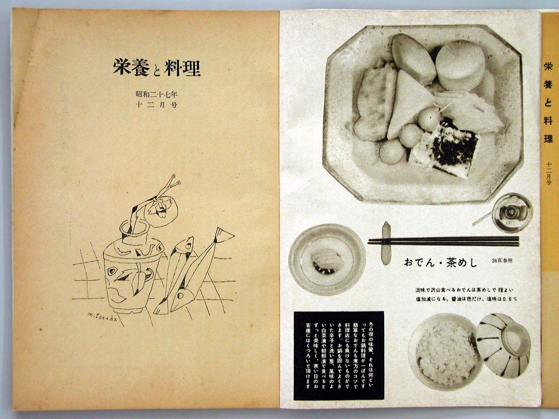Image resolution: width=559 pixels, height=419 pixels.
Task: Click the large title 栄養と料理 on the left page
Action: coord(156,68)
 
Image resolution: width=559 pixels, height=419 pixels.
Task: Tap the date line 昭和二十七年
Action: coord(156,95)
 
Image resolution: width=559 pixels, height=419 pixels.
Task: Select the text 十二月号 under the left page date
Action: coord(156,105)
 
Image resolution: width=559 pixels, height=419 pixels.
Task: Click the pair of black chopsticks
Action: coord(443,241)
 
